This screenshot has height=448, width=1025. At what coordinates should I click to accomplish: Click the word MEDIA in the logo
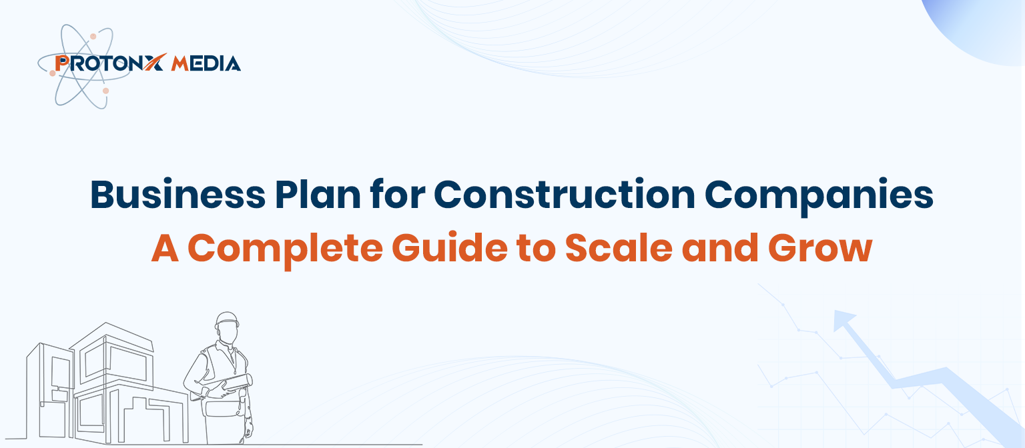pyautogui.click(x=206, y=64)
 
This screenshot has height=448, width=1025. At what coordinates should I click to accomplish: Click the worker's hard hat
pyautogui.click(x=228, y=319)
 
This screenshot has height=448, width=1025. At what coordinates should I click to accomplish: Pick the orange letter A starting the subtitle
pyautogui.click(x=163, y=247)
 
